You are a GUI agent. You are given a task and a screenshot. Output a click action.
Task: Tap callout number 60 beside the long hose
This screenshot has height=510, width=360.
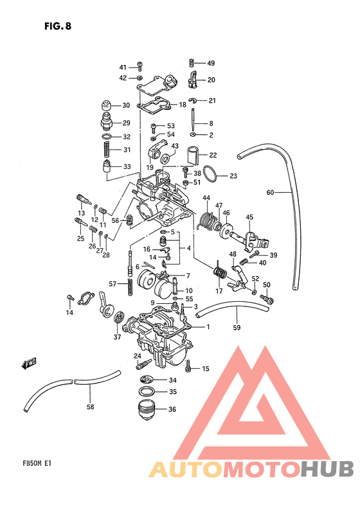(x=270, y=192)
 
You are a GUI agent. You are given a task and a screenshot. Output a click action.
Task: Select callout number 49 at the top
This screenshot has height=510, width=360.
(x=211, y=63)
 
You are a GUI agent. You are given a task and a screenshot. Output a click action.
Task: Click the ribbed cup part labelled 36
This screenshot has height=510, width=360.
(x=147, y=409)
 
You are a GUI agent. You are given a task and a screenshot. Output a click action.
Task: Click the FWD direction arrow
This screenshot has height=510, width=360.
(x=29, y=364)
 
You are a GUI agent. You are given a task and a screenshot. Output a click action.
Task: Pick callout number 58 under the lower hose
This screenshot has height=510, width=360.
(x=91, y=407)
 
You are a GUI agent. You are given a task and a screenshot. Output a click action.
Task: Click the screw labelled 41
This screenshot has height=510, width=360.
(x=139, y=66)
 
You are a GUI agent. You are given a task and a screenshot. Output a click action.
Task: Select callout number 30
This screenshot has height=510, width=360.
(x=126, y=105)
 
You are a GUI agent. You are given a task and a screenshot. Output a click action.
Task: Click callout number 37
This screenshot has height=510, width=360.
(x=117, y=337)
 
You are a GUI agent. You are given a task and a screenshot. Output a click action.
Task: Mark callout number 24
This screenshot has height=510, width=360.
(x=137, y=356)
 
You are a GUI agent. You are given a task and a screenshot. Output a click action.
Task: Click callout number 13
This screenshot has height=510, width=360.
(x=82, y=213)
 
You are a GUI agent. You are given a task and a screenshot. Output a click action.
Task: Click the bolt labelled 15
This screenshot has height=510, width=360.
(x=188, y=366)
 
